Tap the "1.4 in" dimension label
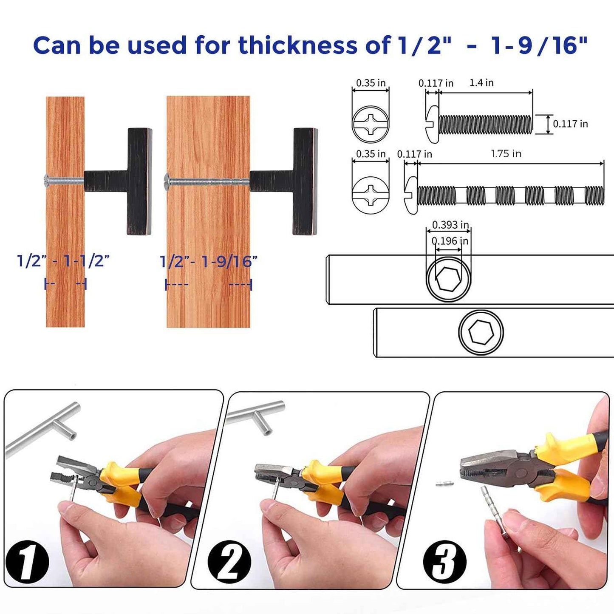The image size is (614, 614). point(481,83)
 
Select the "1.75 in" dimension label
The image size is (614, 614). point(506,154)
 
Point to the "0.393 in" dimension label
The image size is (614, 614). point(450,225)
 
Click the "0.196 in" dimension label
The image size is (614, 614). point(450,241)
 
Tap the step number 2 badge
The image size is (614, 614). point(229,562)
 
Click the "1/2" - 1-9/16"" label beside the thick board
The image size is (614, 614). point(208,262)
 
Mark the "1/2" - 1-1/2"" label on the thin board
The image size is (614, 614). point(63,261)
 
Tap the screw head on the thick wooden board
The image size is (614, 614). point(167,181)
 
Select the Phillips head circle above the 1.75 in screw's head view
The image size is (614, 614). point(371,124)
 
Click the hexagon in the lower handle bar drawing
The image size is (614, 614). point(481,332)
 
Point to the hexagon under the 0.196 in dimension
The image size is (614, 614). point(449,279)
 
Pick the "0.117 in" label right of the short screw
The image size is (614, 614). point(570,124)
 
